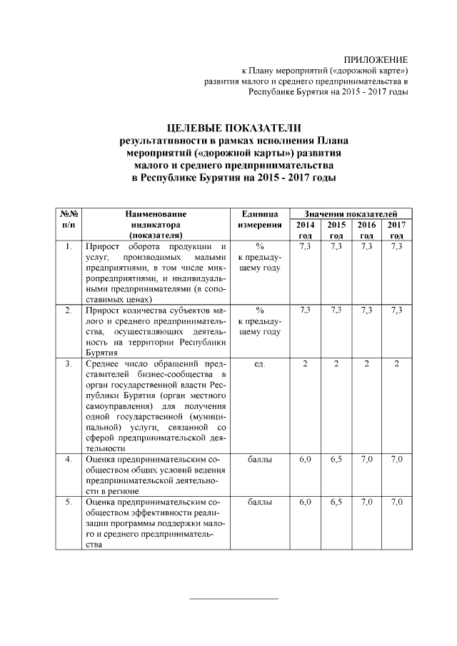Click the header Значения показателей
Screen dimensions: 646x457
point(347,213)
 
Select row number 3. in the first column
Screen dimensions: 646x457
point(69,364)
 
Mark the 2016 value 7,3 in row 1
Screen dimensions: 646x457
point(367,246)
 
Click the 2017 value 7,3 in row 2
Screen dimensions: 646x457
point(397,310)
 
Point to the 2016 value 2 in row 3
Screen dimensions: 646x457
point(367,364)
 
